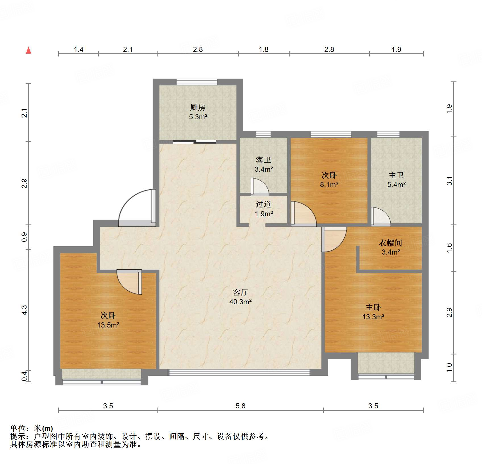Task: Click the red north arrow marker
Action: point(28,51)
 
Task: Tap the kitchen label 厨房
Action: point(198,108)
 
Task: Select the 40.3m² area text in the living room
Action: point(240,302)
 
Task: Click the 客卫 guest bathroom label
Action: point(263,160)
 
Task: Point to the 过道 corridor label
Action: point(263,204)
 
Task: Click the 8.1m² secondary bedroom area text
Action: point(329,184)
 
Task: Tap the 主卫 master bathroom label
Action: point(396,175)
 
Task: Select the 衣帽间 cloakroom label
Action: point(390,243)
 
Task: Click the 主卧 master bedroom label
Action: point(373,307)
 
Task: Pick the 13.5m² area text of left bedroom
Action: point(108,325)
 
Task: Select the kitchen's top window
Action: point(197,82)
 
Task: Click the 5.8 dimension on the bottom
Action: point(240,406)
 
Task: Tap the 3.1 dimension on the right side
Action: point(449,181)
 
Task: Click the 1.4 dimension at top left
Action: point(78,50)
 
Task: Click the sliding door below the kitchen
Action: point(195,142)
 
